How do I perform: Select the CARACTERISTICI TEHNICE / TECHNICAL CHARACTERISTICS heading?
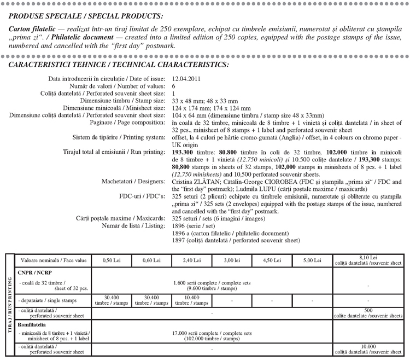click(x=119, y=65)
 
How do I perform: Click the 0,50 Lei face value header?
click(x=111, y=260)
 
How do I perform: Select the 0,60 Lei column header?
click(x=151, y=260)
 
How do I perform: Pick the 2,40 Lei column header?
click(x=191, y=260)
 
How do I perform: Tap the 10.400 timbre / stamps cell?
click(x=191, y=300)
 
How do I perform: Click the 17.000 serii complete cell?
click(x=212, y=335)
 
